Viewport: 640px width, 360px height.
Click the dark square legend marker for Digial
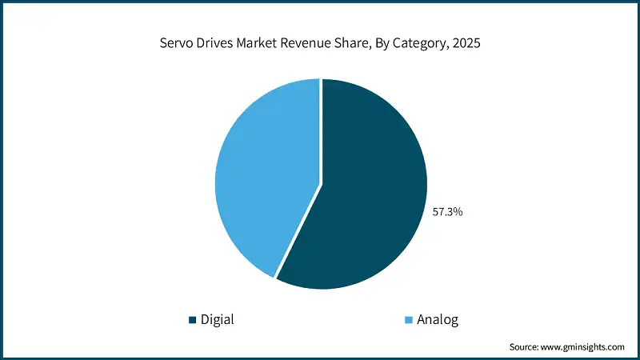192,320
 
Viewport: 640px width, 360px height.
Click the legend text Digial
218,320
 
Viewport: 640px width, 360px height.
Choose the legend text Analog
438,320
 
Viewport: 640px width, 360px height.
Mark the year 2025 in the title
466,46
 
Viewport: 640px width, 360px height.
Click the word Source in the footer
525,346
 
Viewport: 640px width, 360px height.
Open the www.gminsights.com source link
584,346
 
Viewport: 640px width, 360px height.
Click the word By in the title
386,46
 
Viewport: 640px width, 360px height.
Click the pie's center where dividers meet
321,185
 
